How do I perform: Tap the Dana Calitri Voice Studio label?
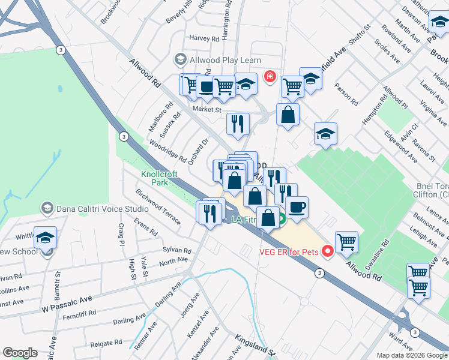(102, 209)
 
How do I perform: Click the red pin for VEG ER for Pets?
(328, 251)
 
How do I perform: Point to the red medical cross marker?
(270, 77)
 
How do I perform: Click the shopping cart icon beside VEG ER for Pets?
(346, 242)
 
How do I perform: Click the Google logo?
(20, 353)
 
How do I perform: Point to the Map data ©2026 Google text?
(411, 355)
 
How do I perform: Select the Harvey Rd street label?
(204, 38)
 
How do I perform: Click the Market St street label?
(207, 109)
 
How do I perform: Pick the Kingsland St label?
(254, 346)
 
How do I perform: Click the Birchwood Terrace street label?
(158, 208)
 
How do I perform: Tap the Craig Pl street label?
(121, 235)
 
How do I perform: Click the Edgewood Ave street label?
(401, 148)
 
